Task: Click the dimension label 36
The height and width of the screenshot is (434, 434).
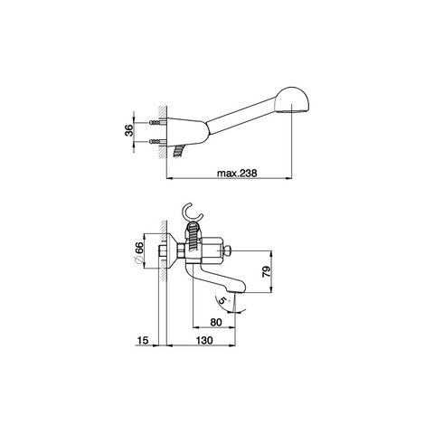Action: (x=129, y=130)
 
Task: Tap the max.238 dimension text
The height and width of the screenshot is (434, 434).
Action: (x=237, y=174)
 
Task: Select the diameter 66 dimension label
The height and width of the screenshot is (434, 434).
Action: (x=139, y=252)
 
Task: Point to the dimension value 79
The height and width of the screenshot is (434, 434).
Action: (x=266, y=271)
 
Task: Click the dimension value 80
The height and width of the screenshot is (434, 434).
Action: (x=216, y=322)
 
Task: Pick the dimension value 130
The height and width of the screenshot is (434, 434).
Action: (x=204, y=340)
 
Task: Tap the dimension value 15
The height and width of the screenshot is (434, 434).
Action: (x=143, y=340)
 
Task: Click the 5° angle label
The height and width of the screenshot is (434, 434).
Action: (x=223, y=300)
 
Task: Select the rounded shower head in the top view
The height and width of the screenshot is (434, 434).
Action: (x=292, y=100)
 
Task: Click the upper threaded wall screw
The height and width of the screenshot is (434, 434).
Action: (x=156, y=122)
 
